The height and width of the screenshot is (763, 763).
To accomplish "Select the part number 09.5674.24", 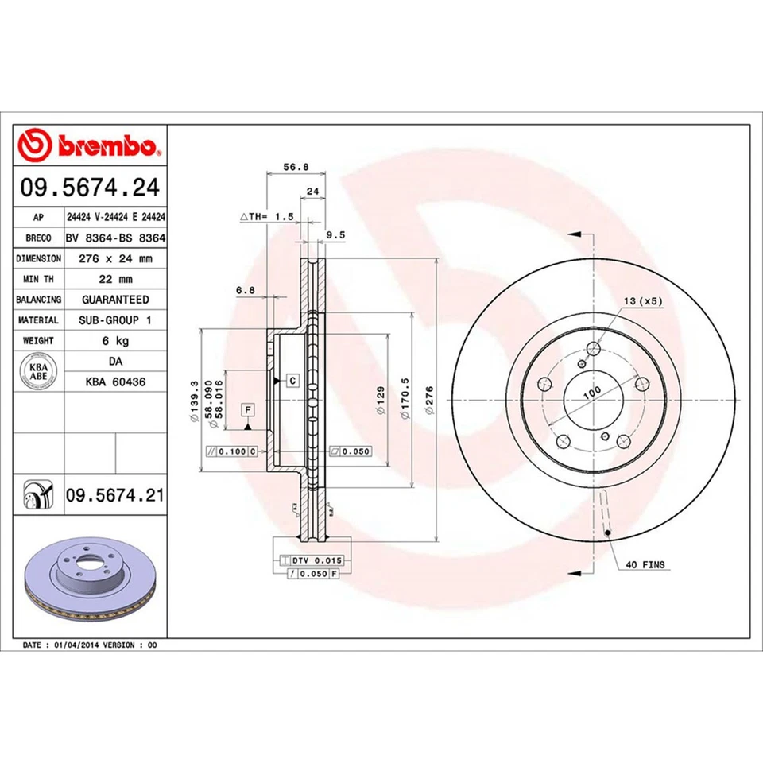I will click(91, 188).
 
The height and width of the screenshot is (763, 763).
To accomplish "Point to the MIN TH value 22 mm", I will click(114, 279).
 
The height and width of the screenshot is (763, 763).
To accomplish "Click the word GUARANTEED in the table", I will click(114, 300).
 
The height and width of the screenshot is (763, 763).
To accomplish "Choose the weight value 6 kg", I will click(114, 341).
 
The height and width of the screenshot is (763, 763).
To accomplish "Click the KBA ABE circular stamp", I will click(38, 372).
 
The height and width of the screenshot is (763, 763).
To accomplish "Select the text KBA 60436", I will click(114, 382).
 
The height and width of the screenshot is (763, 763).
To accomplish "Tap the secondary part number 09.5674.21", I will click(114, 496).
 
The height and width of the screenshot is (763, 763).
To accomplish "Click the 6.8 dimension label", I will click(245, 290).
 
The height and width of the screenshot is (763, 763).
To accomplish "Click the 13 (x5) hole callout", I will click(643, 301).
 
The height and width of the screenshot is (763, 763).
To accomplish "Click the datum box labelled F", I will click(249, 409).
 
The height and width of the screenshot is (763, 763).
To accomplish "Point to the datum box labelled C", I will click(292, 381).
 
